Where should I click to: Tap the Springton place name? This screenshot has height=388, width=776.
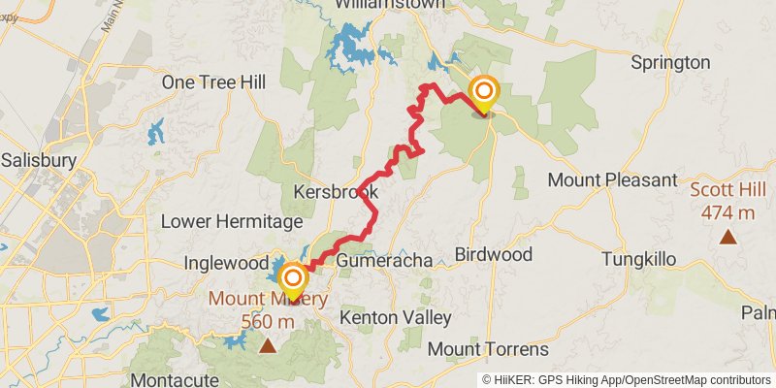pos(670,63)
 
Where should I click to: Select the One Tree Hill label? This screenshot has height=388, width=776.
pos(213,83)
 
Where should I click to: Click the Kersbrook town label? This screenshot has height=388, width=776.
pos(336,191)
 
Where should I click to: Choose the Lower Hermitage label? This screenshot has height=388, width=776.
pos(224,221)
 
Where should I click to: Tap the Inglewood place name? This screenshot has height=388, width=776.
pos(226,263)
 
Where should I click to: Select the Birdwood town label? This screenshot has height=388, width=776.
pos(494,255)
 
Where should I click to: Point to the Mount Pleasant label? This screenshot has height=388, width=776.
pos(612,180)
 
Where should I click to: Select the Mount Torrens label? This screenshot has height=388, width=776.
pos(488,349)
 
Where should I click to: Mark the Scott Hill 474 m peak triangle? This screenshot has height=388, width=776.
pos(727,236)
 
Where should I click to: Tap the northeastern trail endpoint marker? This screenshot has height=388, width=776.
pos(483,94)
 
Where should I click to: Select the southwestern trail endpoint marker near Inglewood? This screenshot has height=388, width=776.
pos(292,281)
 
